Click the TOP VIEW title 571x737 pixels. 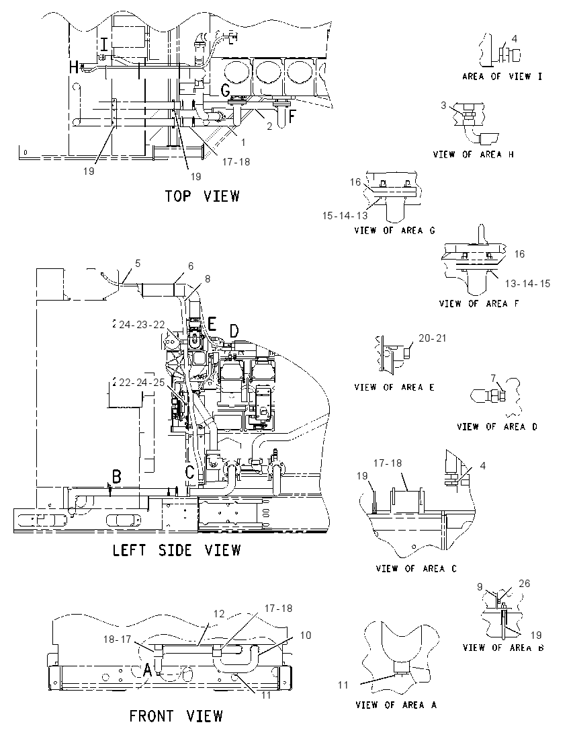point(202,196)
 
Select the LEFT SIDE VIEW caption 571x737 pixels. point(177,550)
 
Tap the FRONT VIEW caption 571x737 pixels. point(176,716)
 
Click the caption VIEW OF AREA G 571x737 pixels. point(394,230)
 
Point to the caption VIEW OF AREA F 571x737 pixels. point(479,304)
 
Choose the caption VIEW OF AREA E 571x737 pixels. point(394,387)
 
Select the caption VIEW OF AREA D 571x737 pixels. point(497,427)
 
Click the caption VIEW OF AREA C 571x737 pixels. point(416,569)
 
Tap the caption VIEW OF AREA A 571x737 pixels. point(396,705)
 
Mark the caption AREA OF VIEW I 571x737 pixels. point(502,76)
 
